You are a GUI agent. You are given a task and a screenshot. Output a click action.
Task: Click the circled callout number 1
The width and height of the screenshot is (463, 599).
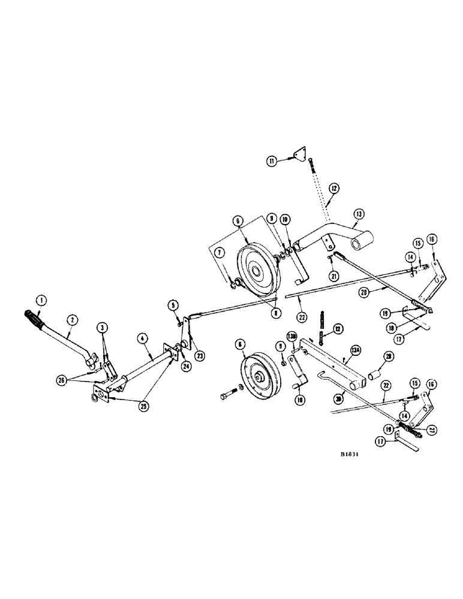tap(41, 299)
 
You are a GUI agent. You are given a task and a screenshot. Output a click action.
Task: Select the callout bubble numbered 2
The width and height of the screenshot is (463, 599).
tap(71, 320)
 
